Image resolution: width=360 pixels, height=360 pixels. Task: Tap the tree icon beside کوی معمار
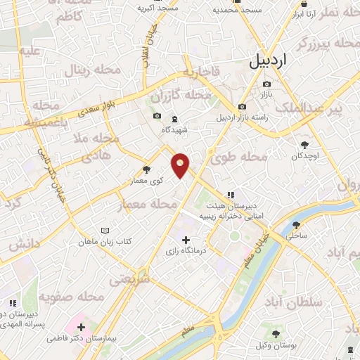click(x=146, y=169)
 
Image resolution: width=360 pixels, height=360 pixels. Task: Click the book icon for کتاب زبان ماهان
click(x=105, y=231)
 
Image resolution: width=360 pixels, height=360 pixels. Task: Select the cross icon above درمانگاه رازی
click(x=186, y=240)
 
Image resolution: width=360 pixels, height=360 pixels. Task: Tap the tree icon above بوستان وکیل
click(x=276, y=334)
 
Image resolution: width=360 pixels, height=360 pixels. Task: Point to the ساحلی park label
click(x=297, y=237)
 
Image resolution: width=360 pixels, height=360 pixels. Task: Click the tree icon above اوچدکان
click(x=304, y=144)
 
